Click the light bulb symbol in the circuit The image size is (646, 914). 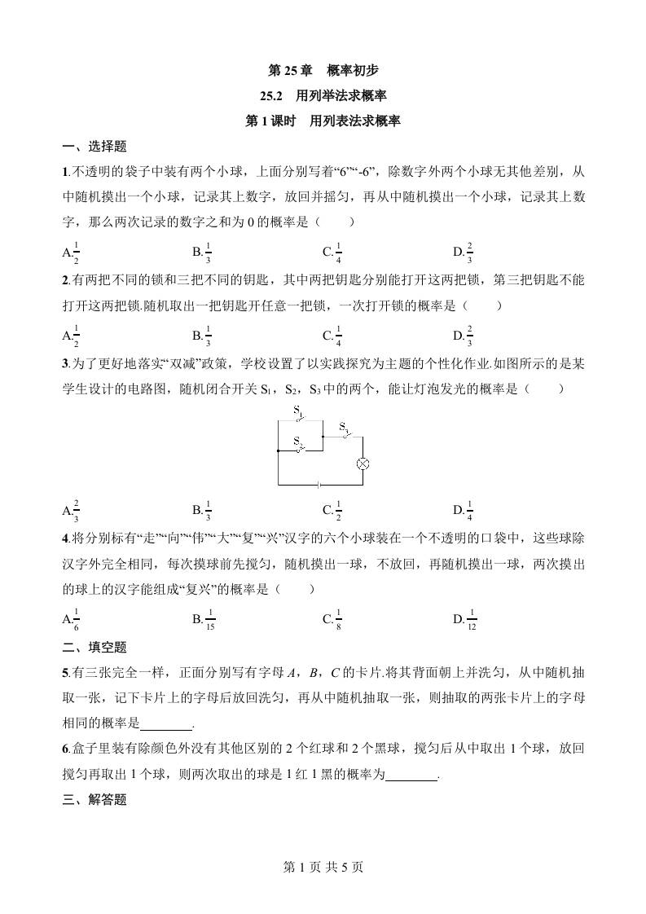click(364, 464)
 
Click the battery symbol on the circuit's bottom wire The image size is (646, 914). click(319, 484)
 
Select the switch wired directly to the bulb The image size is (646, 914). click(345, 432)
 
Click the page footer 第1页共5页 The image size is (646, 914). click(323, 867)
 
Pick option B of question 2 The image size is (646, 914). click(203, 334)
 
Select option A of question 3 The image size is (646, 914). click(72, 511)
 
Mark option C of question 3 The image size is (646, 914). click(332, 511)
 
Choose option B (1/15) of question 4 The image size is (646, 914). click(204, 620)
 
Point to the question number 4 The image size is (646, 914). click(65, 538)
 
